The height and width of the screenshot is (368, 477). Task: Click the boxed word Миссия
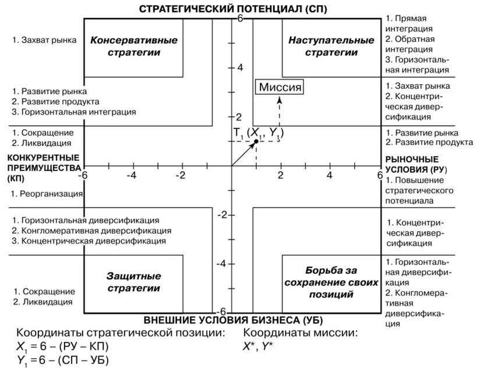280,87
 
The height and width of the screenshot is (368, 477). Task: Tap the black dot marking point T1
256,141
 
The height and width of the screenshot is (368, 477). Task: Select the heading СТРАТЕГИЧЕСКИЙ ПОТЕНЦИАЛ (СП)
232,9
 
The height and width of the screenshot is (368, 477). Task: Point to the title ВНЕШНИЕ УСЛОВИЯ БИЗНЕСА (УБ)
232,320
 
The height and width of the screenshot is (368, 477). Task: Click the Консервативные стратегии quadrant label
133,47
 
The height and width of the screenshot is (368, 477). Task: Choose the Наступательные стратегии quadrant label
331,47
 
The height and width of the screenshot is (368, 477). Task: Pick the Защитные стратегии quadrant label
133,281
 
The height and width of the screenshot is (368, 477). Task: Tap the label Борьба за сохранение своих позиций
330,283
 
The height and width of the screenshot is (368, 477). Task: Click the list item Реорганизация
46,193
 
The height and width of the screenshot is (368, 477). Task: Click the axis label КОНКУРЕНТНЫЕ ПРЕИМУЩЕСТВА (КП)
42,169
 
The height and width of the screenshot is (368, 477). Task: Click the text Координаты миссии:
300,333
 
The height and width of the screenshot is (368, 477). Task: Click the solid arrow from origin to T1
244,153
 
